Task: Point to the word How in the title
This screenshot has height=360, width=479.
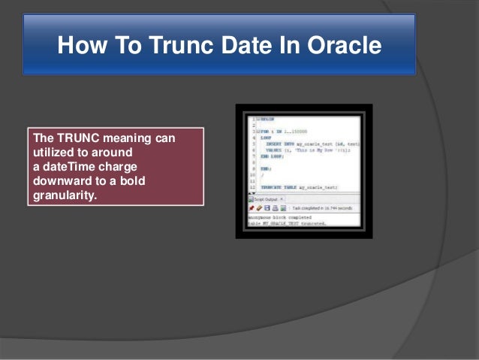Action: click(x=80, y=47)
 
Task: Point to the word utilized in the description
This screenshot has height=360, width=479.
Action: click(x=54, y=153)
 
